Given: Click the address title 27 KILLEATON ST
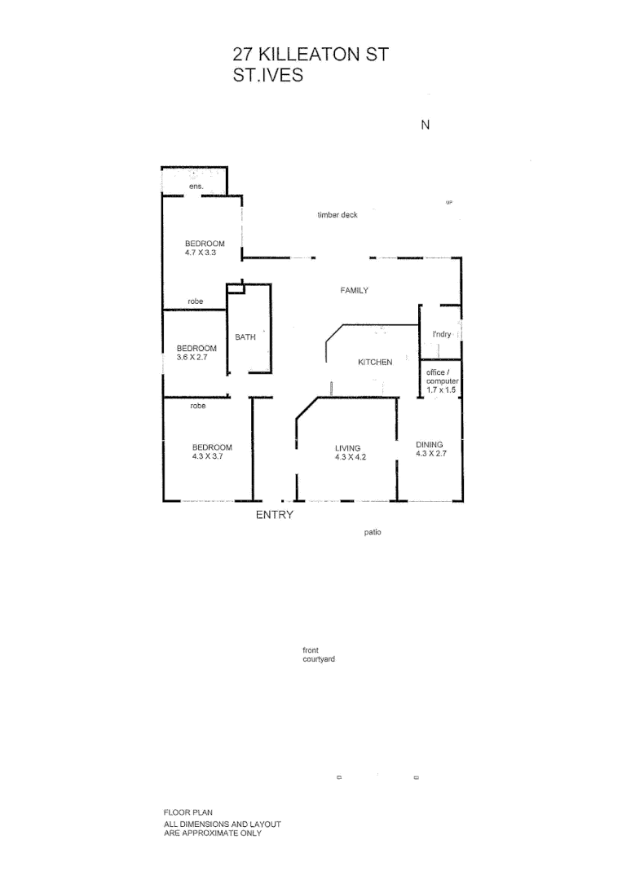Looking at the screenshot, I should point(311,55).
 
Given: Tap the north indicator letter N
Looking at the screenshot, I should point(424,125).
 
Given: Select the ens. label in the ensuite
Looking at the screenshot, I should point(196,187).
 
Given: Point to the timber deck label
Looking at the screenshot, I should point(337,215).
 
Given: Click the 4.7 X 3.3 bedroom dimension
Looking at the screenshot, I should point(201,253).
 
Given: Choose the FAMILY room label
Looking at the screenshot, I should point(355,290).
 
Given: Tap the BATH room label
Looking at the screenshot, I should point(245,337).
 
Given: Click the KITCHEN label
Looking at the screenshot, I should point(375,362).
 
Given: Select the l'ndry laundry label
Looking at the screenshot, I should point(442,335).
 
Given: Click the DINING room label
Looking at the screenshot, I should point(430,445).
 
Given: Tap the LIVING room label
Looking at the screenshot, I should point(347,448).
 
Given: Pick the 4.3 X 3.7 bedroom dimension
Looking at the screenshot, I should point(208,456).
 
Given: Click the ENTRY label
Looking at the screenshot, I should point(275,515).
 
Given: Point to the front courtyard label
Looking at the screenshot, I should point(318,654).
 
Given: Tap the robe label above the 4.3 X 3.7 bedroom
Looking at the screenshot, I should point(197,406).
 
